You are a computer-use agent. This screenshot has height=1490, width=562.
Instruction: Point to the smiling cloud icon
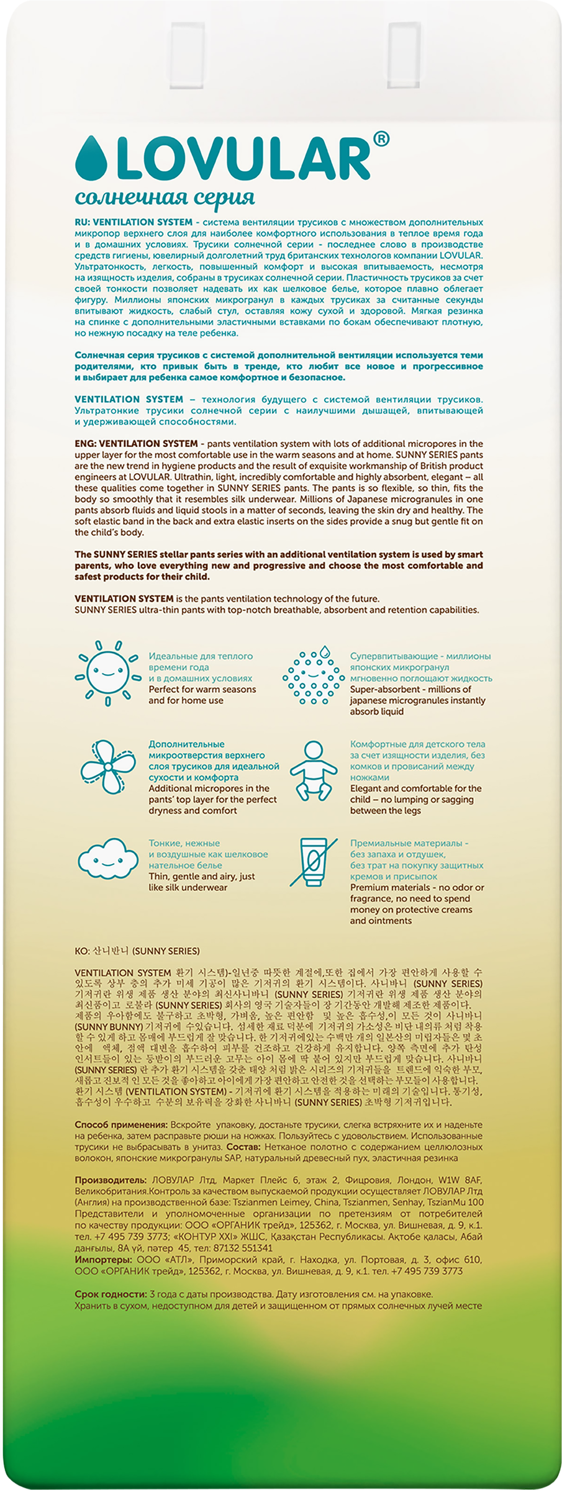[108, 860]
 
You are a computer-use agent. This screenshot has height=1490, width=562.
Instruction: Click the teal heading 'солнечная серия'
[165, 197]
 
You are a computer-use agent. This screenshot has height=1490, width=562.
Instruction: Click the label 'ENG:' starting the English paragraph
[85, 443]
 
